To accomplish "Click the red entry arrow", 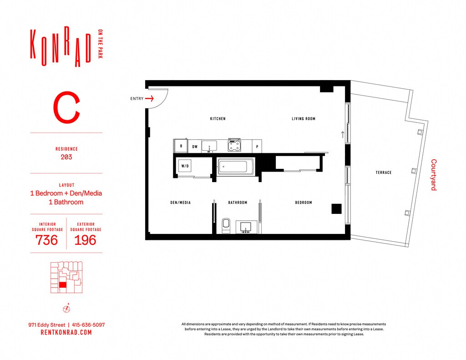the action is tap(149, 98).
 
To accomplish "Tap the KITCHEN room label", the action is tap(218, 119).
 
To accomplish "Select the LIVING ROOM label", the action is tap(304, 119).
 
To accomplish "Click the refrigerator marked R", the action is tap(181, 146).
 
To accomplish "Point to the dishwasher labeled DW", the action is tap(195, 147).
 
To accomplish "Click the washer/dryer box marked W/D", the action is tap(185, 166).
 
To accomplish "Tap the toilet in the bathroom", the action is tap(226, 226).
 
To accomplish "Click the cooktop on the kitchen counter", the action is tap(234, 146).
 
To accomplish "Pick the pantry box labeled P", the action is tap(257, 147).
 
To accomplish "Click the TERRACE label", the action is tap(383, 172).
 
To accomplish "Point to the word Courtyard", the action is tap(434, 175).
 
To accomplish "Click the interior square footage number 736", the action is tap(46, 240).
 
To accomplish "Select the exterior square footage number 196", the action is tap(85, 240).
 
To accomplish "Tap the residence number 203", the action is tap(66, 157).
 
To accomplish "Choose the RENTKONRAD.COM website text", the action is tap(66, 332).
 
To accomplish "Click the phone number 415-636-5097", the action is tap(89, 325).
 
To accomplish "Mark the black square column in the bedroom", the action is tap(336, 209).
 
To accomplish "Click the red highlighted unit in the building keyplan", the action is tap(62, 285).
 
